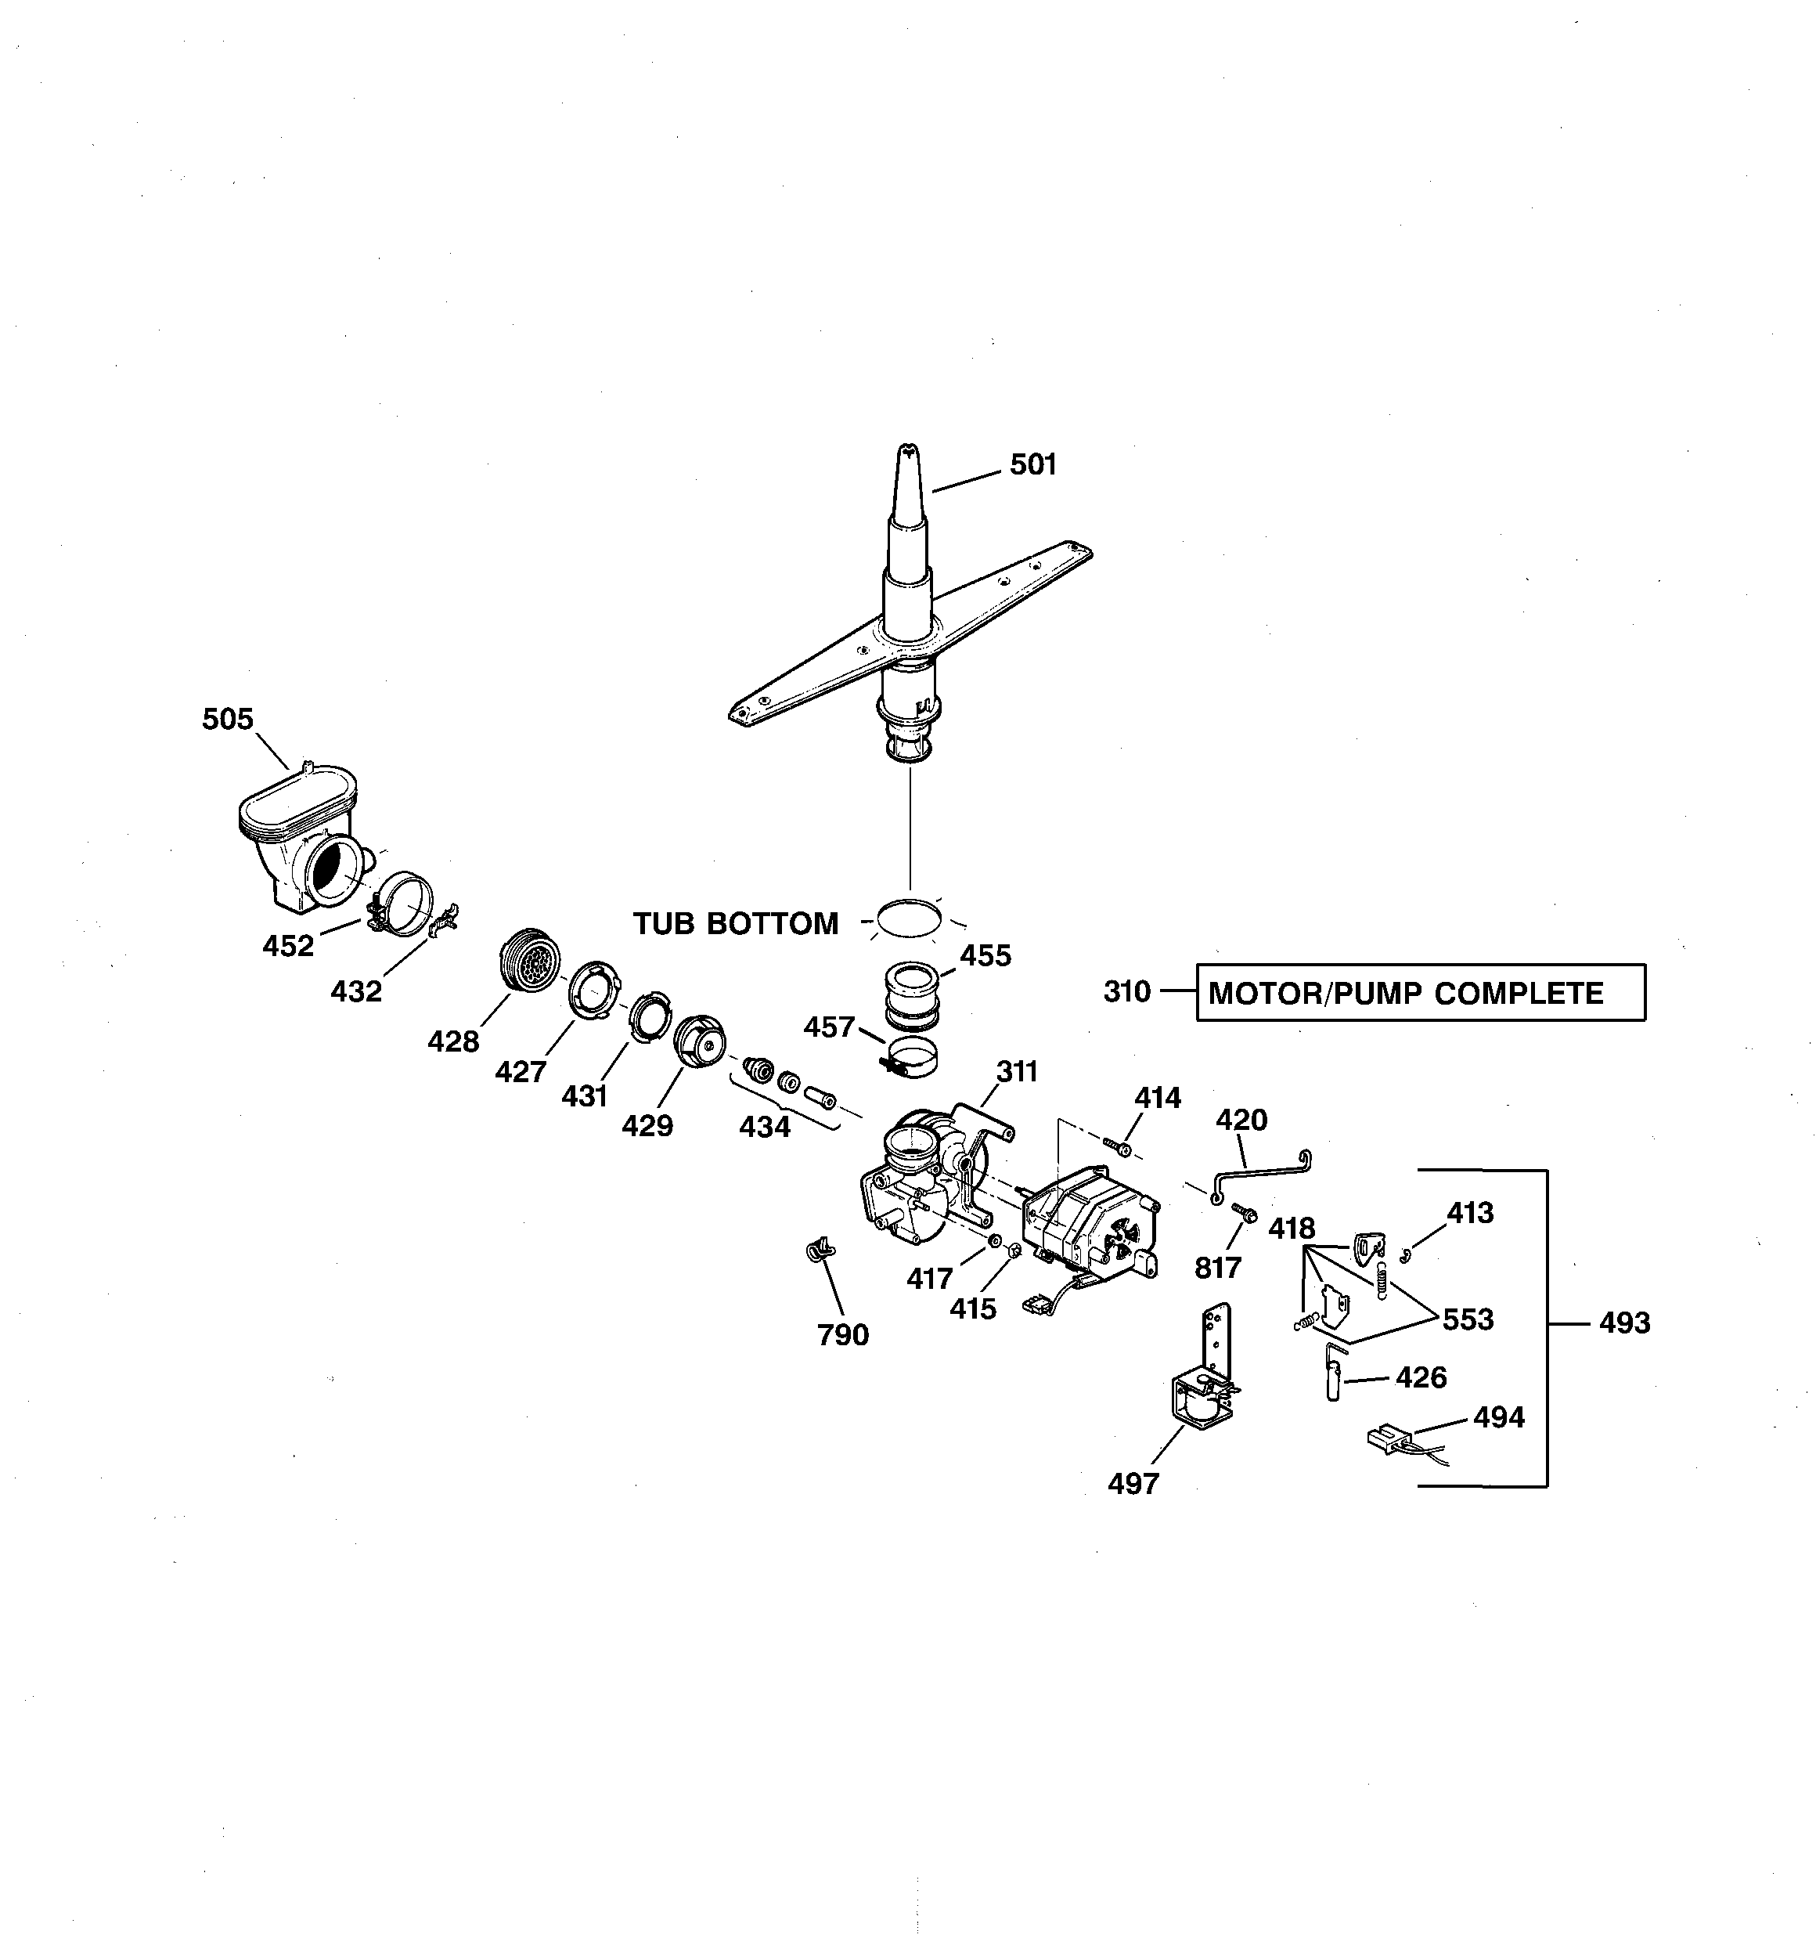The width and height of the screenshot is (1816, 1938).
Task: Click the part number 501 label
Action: (1032, 465)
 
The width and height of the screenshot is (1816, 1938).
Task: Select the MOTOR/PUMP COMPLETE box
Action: (1419, 992)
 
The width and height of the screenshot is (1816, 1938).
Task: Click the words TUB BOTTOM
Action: (736, 923)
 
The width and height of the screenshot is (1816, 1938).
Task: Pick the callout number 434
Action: (764, 1127)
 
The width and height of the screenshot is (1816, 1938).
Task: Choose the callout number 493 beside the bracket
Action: (1624, 1323)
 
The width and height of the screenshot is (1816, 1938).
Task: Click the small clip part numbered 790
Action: (820, 1249)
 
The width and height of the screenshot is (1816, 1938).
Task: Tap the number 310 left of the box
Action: (1127, 991)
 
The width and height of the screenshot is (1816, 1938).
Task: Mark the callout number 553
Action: (1467, 1319)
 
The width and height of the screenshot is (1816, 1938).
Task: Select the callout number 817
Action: (1217, 1269)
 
